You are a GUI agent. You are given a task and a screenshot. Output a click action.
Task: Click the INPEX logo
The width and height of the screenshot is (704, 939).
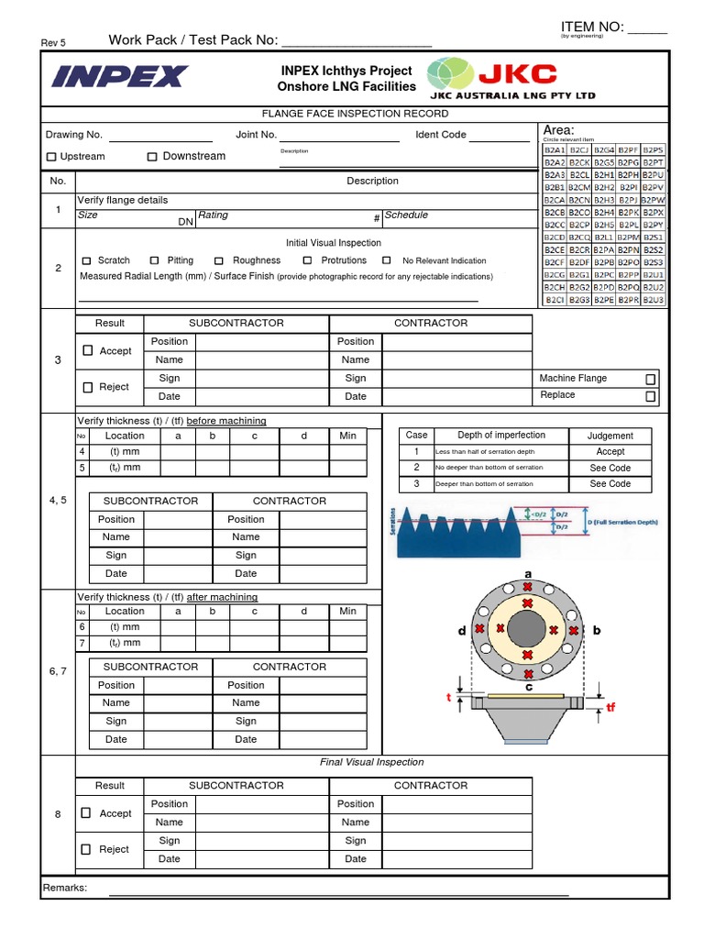(x=119, y=76)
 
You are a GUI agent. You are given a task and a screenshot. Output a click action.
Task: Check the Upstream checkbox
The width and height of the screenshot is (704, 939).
(x=51, y=157)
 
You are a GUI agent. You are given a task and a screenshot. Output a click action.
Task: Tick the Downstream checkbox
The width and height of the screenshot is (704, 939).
(x=152, y=157)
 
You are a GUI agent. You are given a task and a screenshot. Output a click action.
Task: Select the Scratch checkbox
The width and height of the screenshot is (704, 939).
(x=87, y=260)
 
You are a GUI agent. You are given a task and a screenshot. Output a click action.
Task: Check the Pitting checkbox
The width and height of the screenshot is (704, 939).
(x=155, y=260)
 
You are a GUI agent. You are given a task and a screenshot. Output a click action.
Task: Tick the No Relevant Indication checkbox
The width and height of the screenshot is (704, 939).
(x=387, y=260)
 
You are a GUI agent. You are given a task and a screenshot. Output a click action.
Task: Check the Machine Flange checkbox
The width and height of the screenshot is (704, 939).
(x=650, y=379)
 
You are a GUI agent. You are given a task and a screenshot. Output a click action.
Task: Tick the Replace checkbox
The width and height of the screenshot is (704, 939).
(x=650, y=396)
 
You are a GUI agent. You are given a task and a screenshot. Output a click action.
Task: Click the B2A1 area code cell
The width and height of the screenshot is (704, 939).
(x=555, y=149)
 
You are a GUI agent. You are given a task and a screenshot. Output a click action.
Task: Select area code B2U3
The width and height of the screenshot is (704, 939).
(x=654, y=299)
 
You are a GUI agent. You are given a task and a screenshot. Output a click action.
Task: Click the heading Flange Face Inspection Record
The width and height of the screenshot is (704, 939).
(x=355, y=114)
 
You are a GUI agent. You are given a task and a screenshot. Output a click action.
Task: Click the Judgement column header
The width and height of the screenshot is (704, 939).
(x=610, y=436)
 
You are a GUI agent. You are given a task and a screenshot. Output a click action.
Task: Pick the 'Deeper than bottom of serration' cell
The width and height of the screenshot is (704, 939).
(x=484, y=484)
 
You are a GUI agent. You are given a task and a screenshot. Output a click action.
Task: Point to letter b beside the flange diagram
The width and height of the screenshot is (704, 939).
(x=597, y=630)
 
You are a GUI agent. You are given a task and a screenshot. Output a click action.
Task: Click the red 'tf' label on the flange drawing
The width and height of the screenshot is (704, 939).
(x=611, y=708)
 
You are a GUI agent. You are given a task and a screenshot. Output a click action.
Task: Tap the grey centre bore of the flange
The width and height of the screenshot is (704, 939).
(x=528, y=630)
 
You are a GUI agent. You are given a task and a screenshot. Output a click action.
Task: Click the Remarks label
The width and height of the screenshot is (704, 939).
(x=65, y=888)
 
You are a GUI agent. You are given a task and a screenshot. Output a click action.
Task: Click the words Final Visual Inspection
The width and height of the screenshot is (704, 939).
(x=371, y=762)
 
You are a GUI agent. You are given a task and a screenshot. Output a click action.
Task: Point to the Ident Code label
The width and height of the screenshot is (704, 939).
(x=441, y=135)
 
